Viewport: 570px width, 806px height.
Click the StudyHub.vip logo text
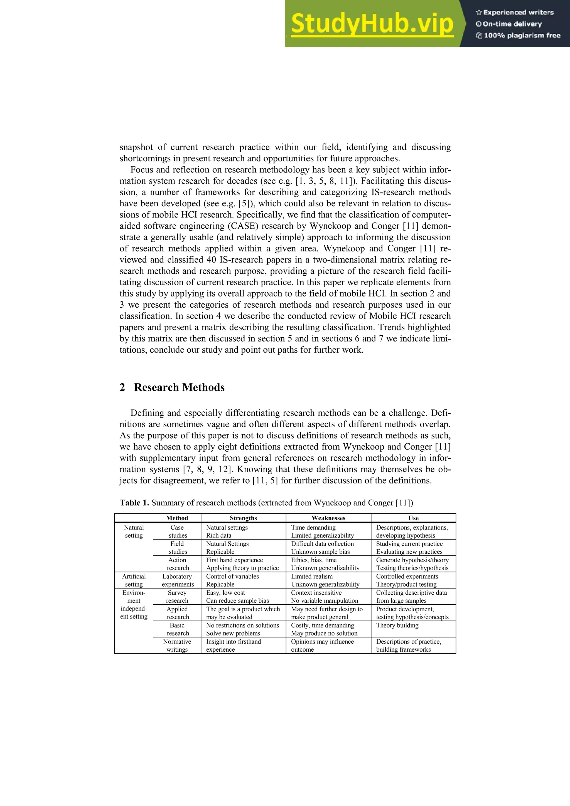click(x=372, y=24)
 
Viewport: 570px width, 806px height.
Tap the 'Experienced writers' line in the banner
click(x=515, y=12)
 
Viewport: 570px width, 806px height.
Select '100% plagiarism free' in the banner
click(x=519, y=35)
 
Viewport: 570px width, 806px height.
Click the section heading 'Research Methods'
click(x=179, y=387)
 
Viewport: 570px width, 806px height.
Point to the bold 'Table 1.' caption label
click(x=134, y=503)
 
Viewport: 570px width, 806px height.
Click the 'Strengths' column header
click(x=243, y=518)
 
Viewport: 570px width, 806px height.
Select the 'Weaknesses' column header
click(x=328, y=518)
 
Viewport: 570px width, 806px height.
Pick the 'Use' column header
click(x=413, y=518)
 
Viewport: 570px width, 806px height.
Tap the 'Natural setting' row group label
click(x=134, y=531)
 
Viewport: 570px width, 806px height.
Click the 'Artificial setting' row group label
click(x=134, y=580)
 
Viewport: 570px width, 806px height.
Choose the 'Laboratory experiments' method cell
click(x=177, y=580)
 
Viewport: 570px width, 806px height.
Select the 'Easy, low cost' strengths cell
click(x=225, y=593)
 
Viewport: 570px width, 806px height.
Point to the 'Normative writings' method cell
click(x=177, y=645)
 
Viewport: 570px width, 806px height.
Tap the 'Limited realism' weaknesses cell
click(x=311, y=577)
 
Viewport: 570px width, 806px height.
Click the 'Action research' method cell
click(x=177, y=564)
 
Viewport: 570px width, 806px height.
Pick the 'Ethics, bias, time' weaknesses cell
click(x=314, y=560)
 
